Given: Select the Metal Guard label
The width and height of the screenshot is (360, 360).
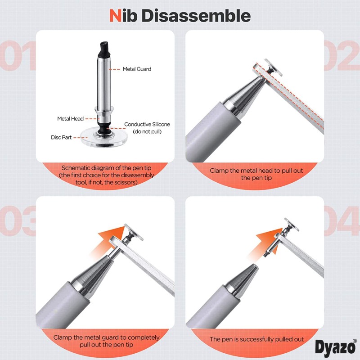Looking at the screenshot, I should tap(137, 69).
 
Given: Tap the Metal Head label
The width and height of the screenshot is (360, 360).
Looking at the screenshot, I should tap(70, 119).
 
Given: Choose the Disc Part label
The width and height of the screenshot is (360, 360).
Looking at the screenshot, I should tap(61, 137).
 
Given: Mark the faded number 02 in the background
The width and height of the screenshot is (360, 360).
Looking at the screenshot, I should tap(342, 56).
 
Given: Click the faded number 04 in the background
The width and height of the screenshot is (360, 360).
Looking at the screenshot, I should tap(342, 220).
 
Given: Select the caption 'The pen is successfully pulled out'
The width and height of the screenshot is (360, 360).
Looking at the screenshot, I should tap(257, 339).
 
